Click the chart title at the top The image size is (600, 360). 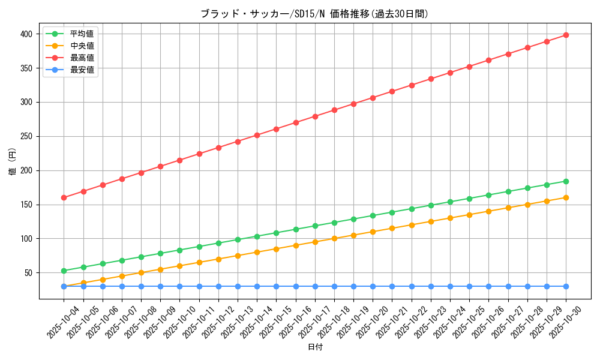314,14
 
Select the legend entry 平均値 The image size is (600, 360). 82,34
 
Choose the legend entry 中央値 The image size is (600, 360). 82,46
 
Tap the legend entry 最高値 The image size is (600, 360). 82,58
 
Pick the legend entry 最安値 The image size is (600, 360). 82,70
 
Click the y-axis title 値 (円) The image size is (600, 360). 13,162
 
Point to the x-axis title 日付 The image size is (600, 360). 315,347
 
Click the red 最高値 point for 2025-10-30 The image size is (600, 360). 566,35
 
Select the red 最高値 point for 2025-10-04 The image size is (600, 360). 64,197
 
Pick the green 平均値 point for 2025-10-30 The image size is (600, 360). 566,181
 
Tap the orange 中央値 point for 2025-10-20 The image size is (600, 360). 373,232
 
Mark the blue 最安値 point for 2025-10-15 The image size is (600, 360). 276,286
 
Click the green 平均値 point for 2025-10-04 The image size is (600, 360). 64,271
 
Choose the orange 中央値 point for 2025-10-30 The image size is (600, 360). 566,197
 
